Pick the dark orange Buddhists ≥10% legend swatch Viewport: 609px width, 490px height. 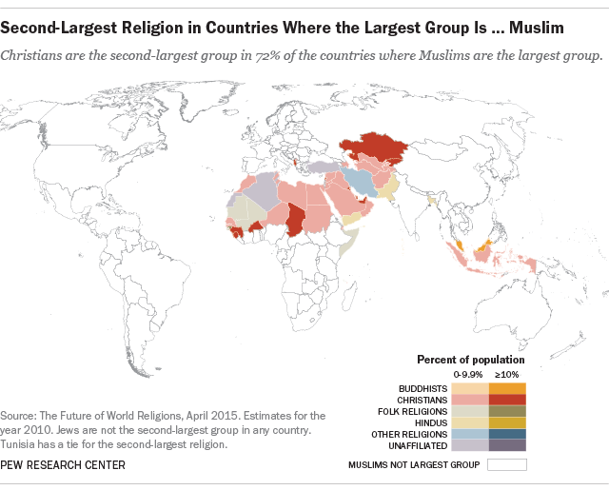(x=506, y=389)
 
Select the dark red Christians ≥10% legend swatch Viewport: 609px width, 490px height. (x=506, y=400)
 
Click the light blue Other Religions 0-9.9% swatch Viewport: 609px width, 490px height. (x=470, y=433)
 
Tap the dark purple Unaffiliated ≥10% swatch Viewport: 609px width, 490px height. (x=506, y=444)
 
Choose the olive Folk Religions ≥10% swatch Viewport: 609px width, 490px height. (x=506, y=411)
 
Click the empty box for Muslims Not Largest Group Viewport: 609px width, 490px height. (x=506, y=465)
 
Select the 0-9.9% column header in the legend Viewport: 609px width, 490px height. (x=469, y=375)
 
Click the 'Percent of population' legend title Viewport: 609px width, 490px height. (x=470, y=360)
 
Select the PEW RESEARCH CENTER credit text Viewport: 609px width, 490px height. (x=63, y=464)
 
